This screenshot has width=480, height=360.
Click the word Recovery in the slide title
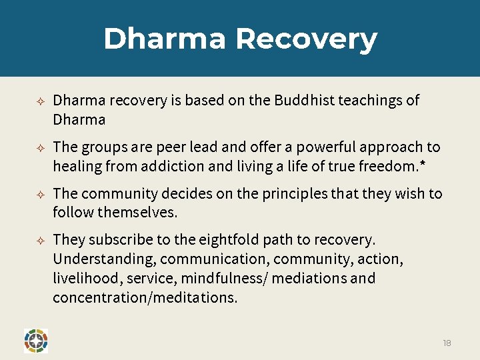pos(306,39)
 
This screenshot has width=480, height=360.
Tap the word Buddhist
pos(304,101)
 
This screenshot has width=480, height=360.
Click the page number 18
pos(447,343)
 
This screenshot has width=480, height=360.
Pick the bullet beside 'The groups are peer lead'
pos(40,148)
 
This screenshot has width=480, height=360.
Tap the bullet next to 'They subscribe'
pos(40,240)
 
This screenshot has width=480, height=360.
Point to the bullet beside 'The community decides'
pos(40,195)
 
